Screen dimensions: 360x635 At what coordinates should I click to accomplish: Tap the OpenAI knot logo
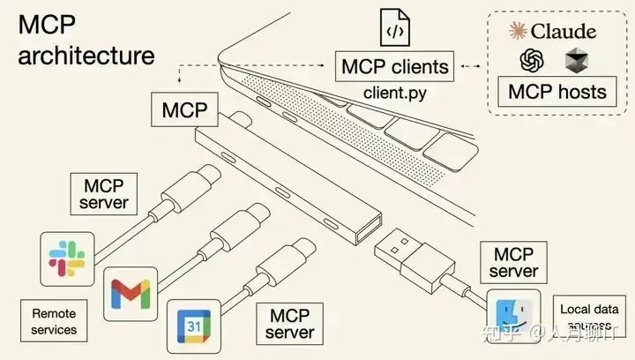(x=530, y=60)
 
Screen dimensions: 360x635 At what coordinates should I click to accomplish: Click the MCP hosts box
(x=557, y=91)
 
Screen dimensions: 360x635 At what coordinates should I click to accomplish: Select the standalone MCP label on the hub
(x=183, y=111)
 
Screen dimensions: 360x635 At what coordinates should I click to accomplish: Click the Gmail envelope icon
(x=131, y=295)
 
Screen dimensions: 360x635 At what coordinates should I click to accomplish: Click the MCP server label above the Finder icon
(x=513, y=260)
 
